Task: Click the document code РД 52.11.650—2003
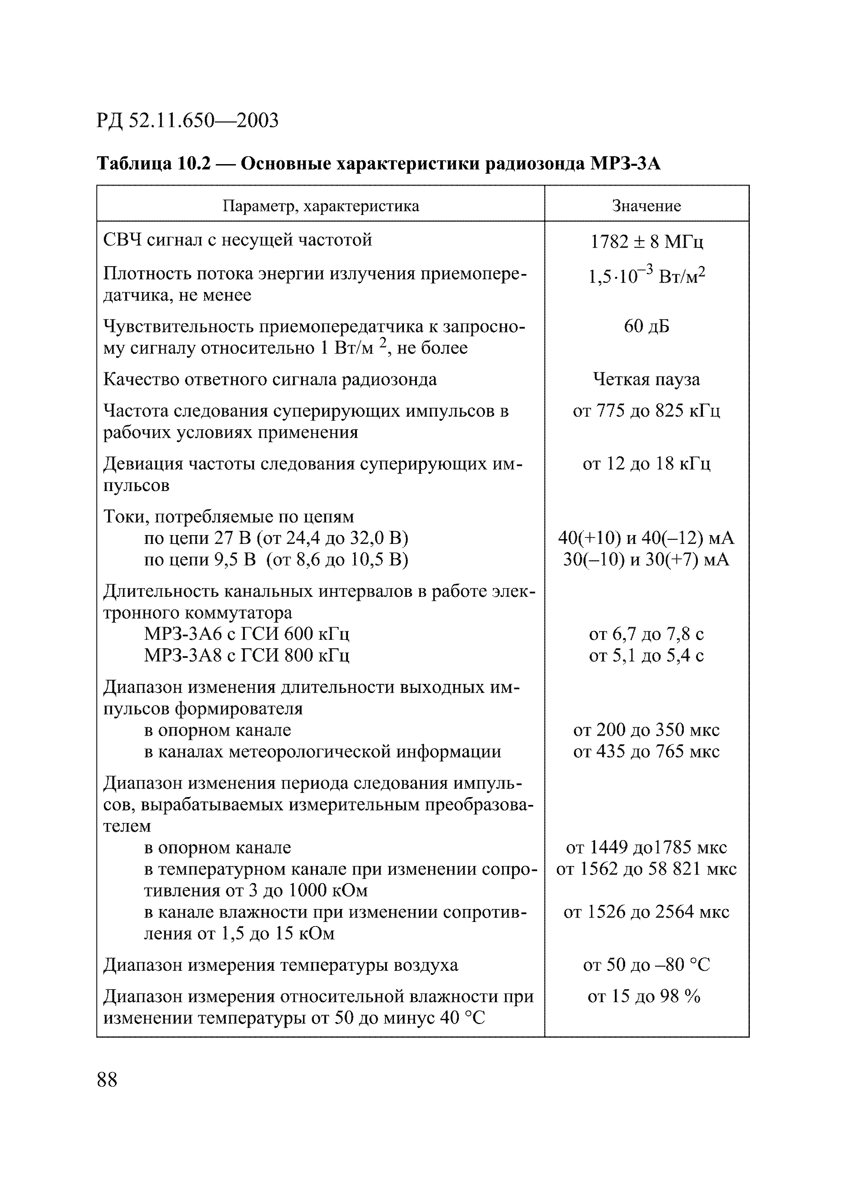click(187, 120)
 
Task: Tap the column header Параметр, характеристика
click(321, 206)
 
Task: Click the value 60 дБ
click(646, 326)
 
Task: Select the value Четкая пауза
click(646, 379)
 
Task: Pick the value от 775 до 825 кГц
click(646, 411)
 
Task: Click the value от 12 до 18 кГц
click(646, 463)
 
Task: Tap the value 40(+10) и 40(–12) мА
click(646, 537)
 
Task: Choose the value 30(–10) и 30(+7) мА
click(646, 559)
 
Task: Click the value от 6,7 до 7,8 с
click(646, 634)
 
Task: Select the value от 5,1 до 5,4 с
click(646, 655)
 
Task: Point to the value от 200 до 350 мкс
click(646, 730)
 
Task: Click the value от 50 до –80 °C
click(646, 965)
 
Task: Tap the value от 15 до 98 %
click(644, 996)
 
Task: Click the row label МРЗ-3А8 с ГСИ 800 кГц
click(247, 655)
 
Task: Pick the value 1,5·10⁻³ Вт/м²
click(646, 276)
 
